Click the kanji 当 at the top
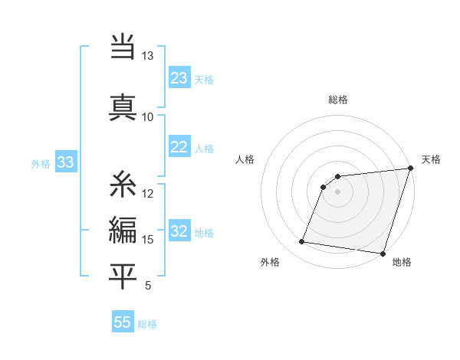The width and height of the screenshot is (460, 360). (x=123, y=47)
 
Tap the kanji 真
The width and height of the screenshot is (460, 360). (x=123, y=106)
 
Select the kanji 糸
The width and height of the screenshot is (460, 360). (x=123, y=184)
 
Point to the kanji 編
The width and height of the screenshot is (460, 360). (x=123, y=229)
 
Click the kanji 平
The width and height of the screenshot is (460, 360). (x=123, y=275)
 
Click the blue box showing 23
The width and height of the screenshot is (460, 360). (x=179, y=78)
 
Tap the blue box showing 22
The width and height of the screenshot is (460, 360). (x=179, y=147)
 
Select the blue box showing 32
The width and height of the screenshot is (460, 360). (x=179, y=231)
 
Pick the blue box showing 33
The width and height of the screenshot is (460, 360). (x=65, y=162)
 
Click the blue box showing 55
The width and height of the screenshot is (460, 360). (x=123, y=322)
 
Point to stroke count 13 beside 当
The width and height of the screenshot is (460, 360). (x=147, y=56)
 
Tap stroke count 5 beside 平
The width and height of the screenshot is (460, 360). (x=147, y=286)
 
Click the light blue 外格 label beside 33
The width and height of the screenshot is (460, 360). (x=41, y=163)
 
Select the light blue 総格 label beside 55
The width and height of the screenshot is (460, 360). (x=147, y=324)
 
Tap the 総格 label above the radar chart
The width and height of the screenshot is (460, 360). (x=338, y=100)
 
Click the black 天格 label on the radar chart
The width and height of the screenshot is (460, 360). (x=431, y=159)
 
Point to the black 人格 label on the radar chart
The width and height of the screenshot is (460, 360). (x=245, y=159)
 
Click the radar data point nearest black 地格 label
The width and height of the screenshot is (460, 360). (x=383, y=254)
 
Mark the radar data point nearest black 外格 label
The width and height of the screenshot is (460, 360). (x=301, y=242)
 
